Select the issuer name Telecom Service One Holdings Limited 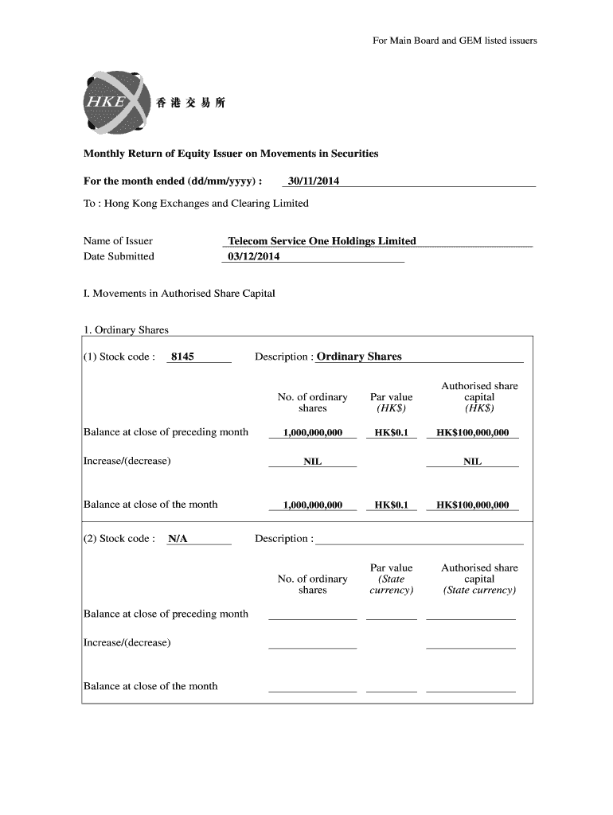point(322,240)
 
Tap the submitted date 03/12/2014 point(254,256)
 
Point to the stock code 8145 point(182,357)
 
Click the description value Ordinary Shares point(359,357)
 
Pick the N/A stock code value point(178,539)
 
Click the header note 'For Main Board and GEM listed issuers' point(455,40)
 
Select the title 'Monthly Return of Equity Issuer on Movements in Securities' point(231,153)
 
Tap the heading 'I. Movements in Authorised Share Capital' point(179,293)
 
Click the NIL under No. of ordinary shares point(312,462)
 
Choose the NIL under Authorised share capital point(472,462)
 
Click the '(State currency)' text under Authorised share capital point(479,591)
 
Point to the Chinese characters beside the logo point(191,103)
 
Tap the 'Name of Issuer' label point(118,240)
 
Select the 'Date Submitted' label point(119,256)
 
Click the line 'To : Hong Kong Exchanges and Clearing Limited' point(196,203)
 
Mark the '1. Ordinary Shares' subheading point(126,330)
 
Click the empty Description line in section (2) point(419,539)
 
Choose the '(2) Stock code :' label point(119,539)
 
